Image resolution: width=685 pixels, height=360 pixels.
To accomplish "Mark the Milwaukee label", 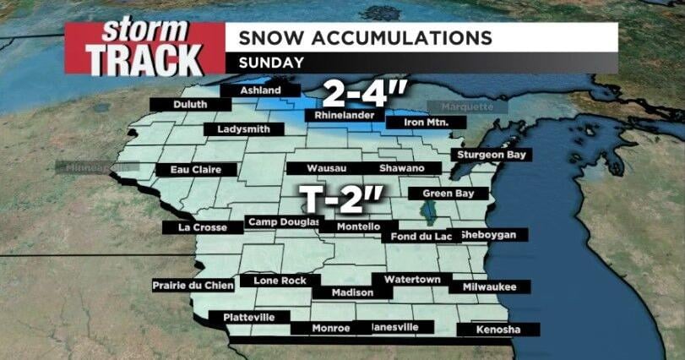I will click(489, 286).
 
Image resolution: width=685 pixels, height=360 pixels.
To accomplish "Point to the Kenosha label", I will click(497, 329).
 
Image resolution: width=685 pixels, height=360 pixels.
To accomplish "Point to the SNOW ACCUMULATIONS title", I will click(365, 38).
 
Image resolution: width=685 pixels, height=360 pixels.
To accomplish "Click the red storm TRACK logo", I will click(144, 48).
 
